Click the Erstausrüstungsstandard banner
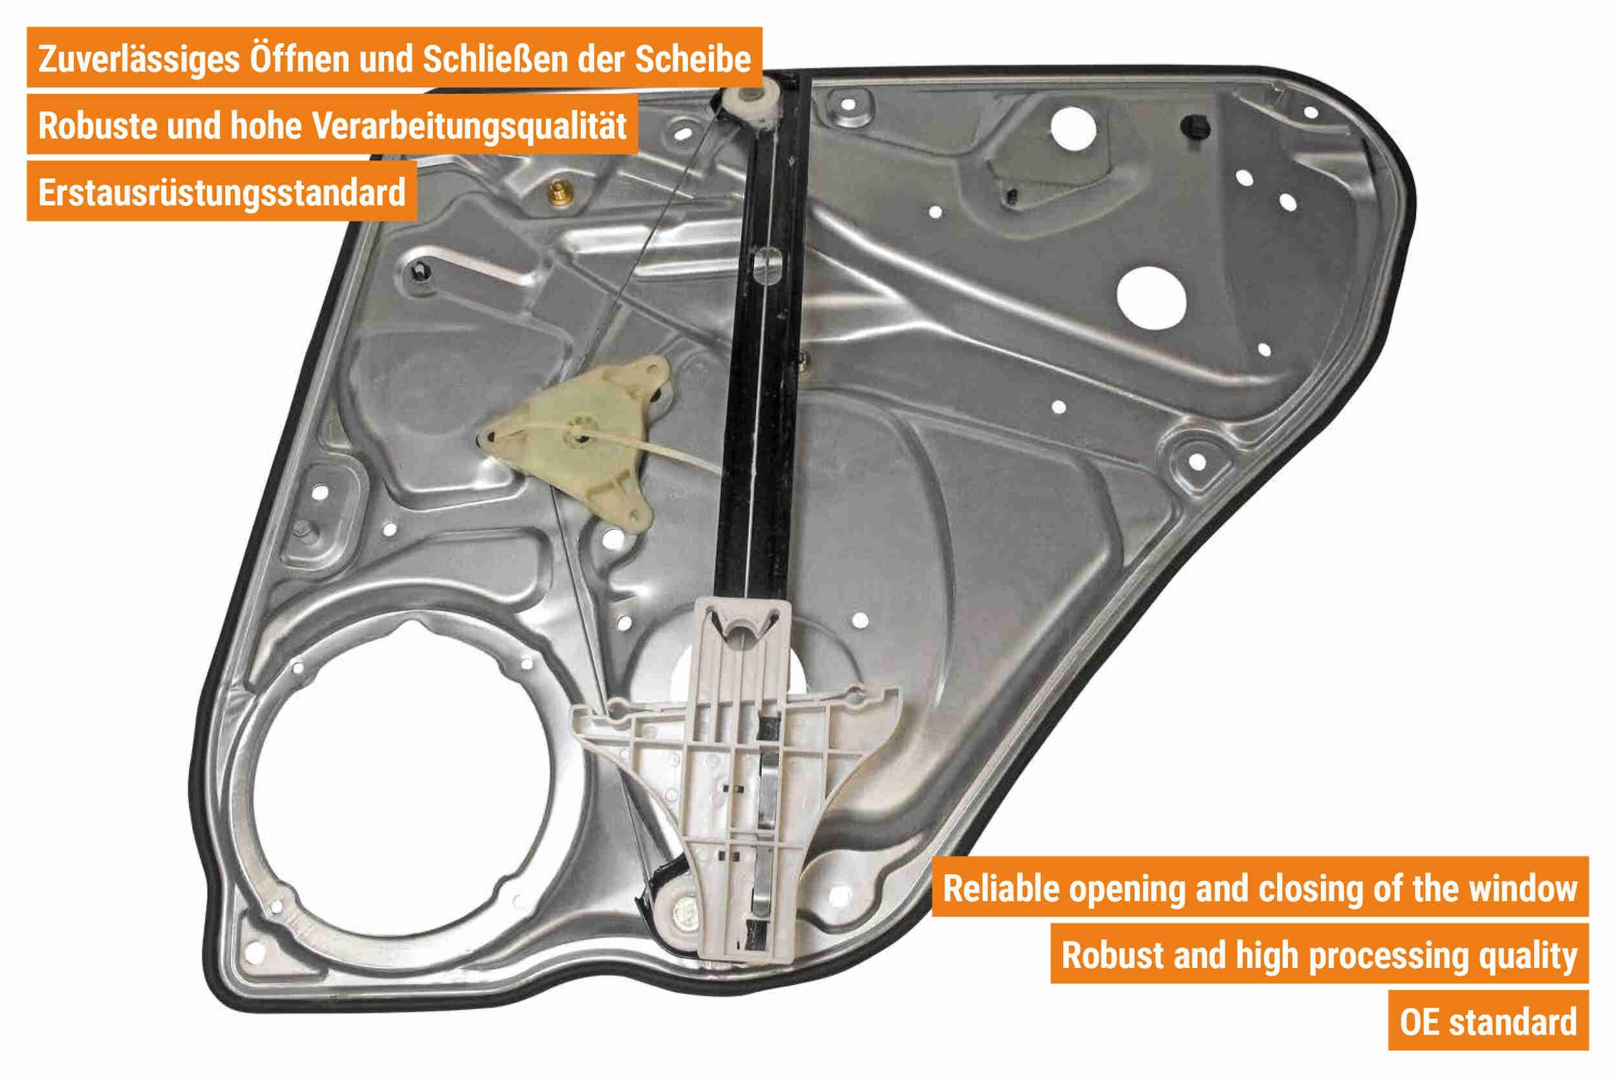click(221, 192)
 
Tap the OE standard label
click(1488, 1022)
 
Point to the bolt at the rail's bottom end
click(684, 914)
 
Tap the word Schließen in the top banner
click(495, 58)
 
